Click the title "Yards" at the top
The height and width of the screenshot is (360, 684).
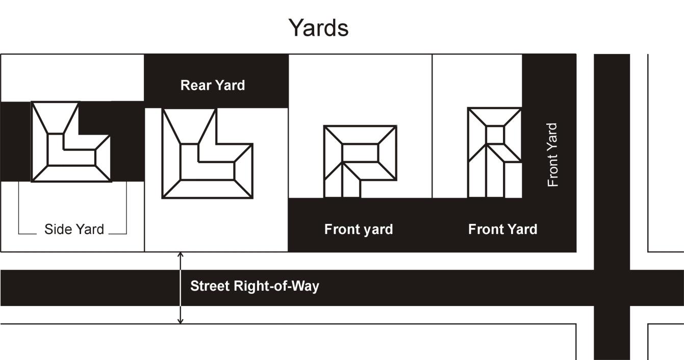click(x=318, y=28)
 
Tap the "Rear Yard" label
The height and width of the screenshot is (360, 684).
click(x=213, y=85)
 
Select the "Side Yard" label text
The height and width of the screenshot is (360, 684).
click(x=74, y=229)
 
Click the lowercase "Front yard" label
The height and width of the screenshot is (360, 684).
click(x=359, y=229)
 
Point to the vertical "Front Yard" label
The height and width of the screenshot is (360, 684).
click(x=552, y=155)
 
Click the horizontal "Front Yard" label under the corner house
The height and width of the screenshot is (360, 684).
click(x=502, y=229)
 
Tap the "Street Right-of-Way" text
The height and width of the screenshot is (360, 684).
click(x=255, y=286)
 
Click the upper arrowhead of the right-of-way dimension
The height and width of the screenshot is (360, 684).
click(x=181, y=254)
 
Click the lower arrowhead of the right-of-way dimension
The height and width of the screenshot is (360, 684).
click(x=181, y=321)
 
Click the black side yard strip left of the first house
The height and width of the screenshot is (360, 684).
click(x=15, y=142)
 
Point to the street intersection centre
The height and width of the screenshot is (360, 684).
click(x=612, y=288)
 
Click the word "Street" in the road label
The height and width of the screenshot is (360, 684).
click(x=210, y=286)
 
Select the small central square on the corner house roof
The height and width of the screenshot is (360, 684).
click(x=495, y=135)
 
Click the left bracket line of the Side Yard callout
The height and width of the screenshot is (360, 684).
click(x=19, y=208)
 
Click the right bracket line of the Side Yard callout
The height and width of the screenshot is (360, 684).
click(x=126, y=208)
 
